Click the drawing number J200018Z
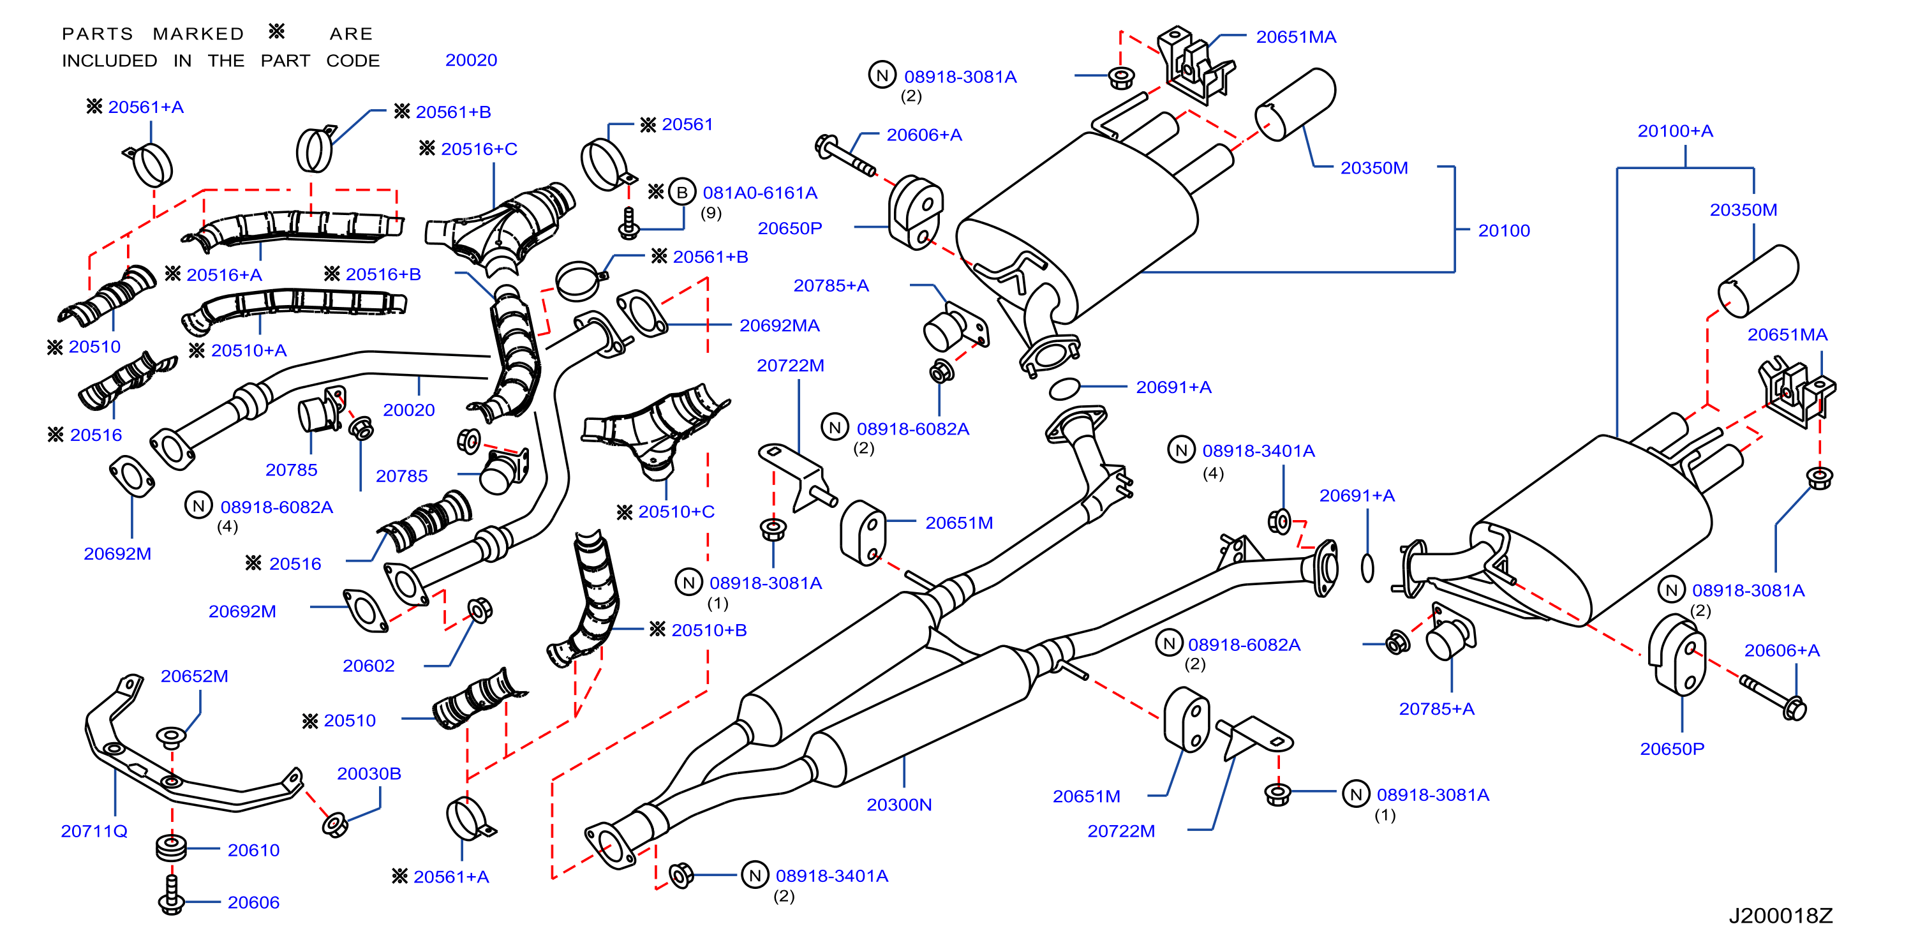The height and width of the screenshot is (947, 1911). coord(1780,916)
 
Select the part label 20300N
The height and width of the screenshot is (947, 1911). coord(899,805)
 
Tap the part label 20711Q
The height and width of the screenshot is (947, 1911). coord(94,831)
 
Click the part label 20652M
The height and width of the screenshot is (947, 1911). coord(195,676)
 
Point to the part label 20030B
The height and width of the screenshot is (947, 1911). coord(369,773)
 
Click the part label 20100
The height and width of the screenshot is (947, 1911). coord(1504,231)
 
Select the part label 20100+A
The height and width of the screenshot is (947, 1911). coord(1675,131)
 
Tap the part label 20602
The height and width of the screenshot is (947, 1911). coord(369,666)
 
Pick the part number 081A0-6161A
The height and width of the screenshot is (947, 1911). coord(760,193)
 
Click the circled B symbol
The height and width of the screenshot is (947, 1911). coord(681,192)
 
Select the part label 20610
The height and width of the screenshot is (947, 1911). coord(254,851)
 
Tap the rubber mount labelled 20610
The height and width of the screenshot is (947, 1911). coord(172,847)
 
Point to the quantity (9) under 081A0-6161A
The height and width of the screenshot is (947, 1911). coord(711,213)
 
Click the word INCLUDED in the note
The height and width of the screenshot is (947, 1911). coord(110,61)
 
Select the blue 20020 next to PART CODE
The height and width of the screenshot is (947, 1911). coord(471,60)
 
